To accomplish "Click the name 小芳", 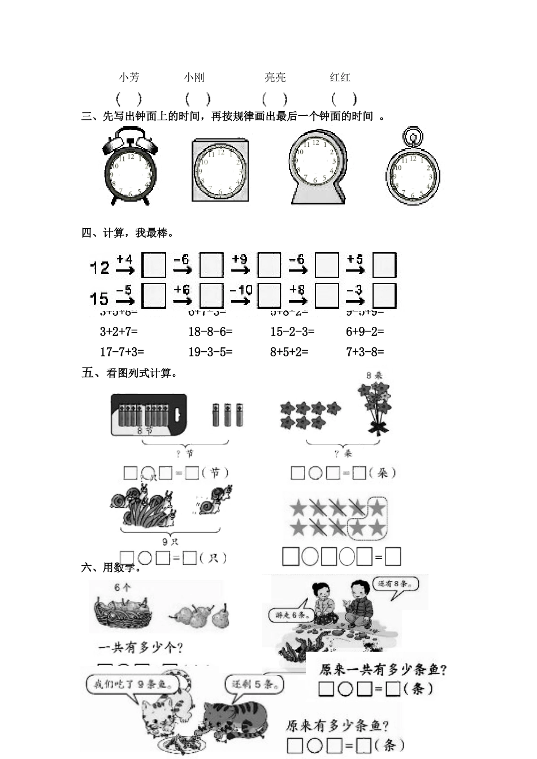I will [129, 77].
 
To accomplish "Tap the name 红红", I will [340, 77].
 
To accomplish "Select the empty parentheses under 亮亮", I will [275, 99].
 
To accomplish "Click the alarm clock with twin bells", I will [130, 167].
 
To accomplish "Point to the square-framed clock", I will [220, 170].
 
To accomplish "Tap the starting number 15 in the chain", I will [100, 298].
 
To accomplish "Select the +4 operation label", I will [124, 259].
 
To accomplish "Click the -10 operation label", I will [241, 290].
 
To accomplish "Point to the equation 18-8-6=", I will [210, 332].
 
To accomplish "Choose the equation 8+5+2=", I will [289, 352].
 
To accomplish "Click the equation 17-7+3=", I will [122, 352].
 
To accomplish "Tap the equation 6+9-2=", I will [365, 332].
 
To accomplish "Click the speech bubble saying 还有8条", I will [396, 583].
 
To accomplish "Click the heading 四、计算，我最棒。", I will [128, 233].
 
